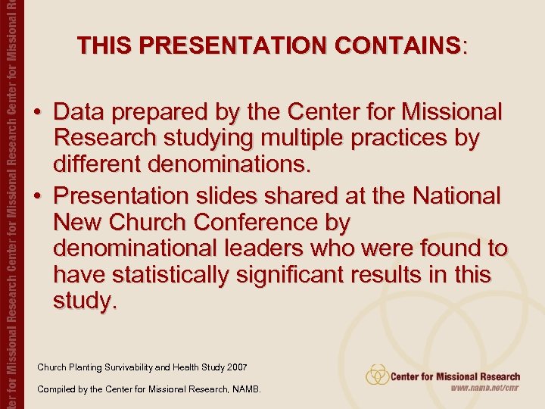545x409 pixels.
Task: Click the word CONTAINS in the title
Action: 402,46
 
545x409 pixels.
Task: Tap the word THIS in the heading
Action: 104,46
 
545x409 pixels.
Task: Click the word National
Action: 456,196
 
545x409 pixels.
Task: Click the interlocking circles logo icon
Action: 376,375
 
